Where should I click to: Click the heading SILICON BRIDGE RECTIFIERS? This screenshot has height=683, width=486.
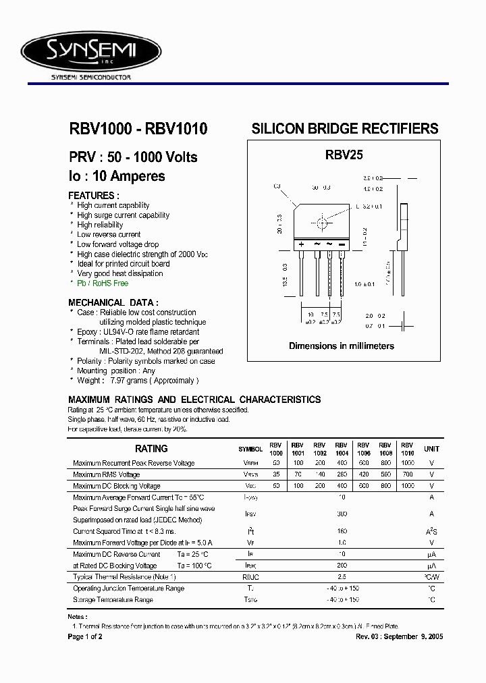tap(344, 128)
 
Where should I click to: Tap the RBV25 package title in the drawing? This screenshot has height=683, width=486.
tap(344, 155)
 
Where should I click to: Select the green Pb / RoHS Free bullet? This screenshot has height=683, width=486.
tap(102, 283)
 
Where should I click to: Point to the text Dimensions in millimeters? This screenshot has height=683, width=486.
tap(342, 346)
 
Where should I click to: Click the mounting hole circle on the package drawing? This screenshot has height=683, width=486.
tap(322, 223)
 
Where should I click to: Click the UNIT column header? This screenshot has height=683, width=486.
tap(431, 449)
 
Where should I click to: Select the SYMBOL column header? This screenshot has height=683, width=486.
tap(250, 449)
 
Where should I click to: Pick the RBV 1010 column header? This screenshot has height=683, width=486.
tap(407, 449)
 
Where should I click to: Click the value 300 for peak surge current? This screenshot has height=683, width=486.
tap(341, 514)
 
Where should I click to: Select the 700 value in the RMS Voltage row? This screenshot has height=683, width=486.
tap(407, 474)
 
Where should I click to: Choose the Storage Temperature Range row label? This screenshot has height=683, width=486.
tap(113, 599)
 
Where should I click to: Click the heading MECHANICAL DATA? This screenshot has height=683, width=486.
tap(113, 302)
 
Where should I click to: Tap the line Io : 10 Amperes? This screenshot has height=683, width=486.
tap(117, 177)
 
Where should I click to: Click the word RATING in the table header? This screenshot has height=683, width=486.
tap(151, 449)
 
